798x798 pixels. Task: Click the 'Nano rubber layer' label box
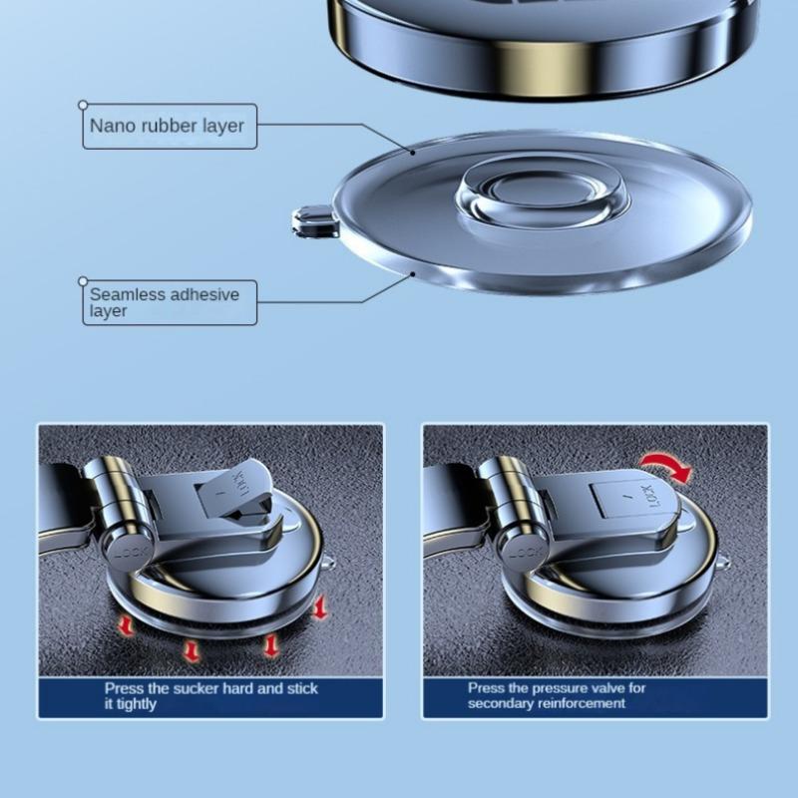pyautogui.click(x=169, y=127)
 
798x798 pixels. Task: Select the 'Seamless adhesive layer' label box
pyautogui.click(x=169, y=302)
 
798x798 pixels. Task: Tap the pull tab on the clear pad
pyautogui.click(x=313, y=220)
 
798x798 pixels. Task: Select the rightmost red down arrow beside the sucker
pyautogui.click(x=319, y=606)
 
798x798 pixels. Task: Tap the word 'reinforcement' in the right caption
pyautogui.click(x=580, y=703)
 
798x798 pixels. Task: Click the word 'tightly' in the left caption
pyautogui.click(x=144, y=703)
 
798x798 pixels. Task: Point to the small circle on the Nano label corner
pyautogui.click(x=84, y=104)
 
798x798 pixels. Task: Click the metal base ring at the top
pyautogui.click(x=544, y=50)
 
